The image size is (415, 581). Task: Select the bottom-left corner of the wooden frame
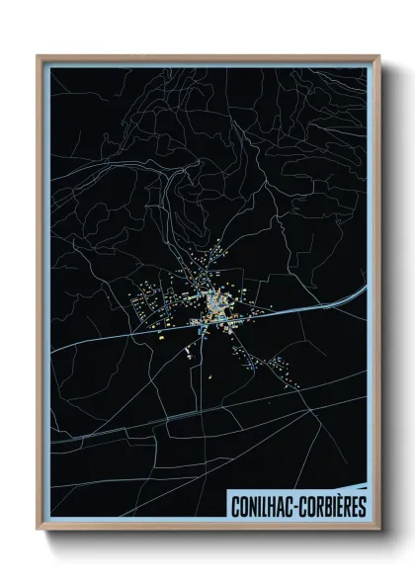tap(39, 531)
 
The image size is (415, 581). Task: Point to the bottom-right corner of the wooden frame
tap(378, 531)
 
